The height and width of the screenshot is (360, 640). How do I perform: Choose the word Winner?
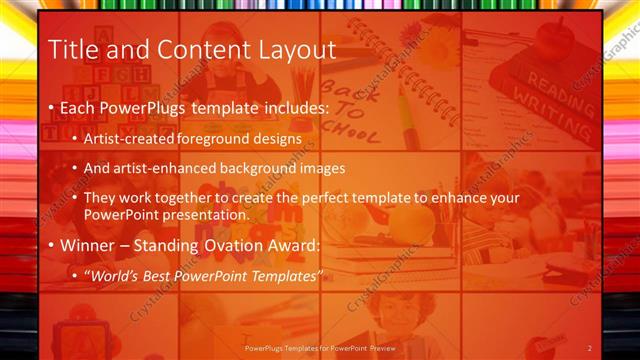click(88, 245)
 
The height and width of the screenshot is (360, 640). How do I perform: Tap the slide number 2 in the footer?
click(590, 347)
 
